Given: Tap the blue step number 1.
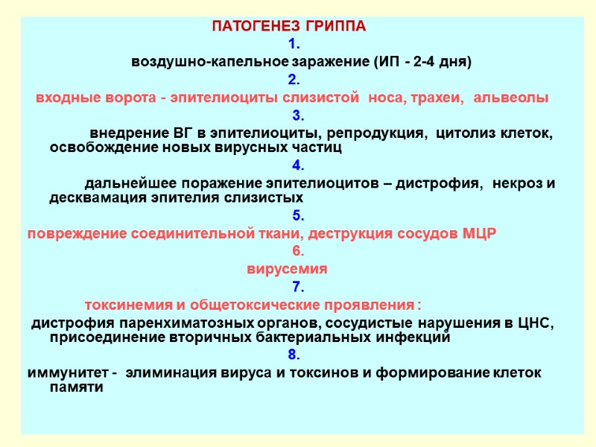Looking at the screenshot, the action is [x=293, y=44].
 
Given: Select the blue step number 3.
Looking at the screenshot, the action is [x=297, y=115].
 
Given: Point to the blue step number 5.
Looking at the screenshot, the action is [x=297, y=216].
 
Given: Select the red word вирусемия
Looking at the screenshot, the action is [x=288, y=269].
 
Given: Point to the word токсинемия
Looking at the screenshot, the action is [x=122, y=305].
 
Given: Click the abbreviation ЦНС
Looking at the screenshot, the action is [x=533, y=323].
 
